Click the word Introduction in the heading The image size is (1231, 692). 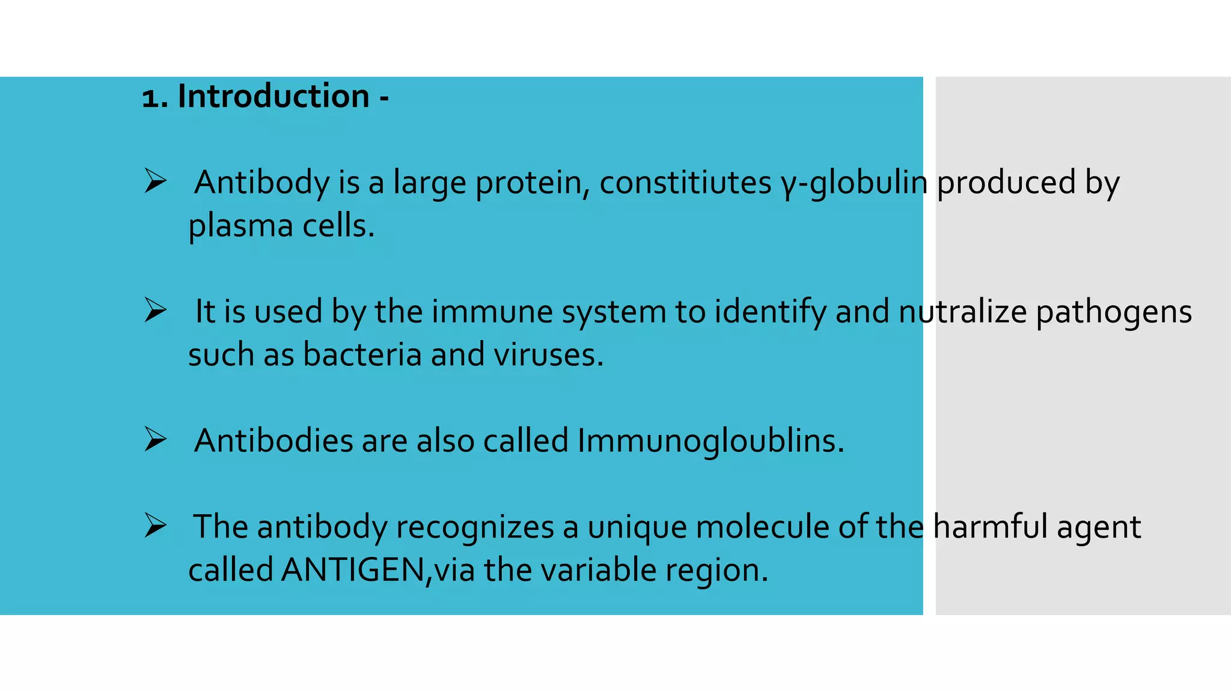[273, 97]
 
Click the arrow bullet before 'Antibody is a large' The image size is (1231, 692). [155, 181]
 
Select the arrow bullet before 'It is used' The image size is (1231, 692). [155, 311]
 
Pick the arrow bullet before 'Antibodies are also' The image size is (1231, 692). [155, 440]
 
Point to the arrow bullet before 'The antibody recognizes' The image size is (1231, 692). [155, 526]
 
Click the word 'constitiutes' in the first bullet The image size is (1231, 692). [685, 183]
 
